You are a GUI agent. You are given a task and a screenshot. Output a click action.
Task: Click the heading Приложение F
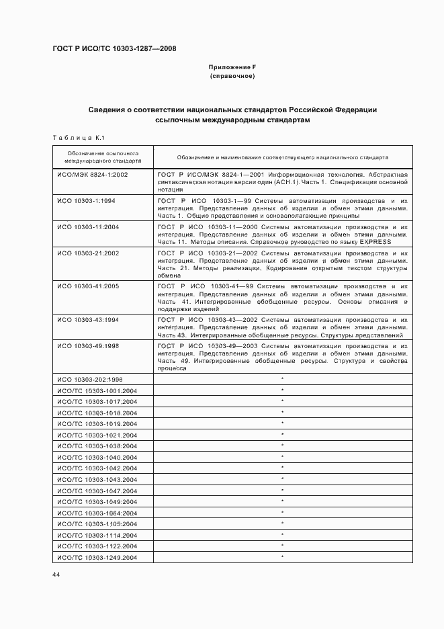pyautogui.click(x=232, y=68)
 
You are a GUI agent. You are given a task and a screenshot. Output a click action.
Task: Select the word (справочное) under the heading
pyautogui.click(x=232, y=77)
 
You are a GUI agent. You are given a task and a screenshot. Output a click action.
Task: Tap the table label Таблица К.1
pyautogui.click(x=77, y=138)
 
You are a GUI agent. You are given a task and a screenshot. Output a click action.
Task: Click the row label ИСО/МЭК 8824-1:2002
pyautogui.click(x=93, y=174)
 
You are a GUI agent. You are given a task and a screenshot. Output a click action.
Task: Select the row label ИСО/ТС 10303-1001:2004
pyautogui.click(x=97, y=390)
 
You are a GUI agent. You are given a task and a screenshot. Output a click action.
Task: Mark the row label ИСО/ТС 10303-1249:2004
pyautogui.click(x=97, y=558)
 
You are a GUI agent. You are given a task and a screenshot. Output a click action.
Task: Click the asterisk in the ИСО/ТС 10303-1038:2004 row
pyautogui.click(x=282, y=446)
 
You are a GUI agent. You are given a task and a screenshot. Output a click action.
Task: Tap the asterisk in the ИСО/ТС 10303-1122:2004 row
pyautogui.click(x=282, y=546)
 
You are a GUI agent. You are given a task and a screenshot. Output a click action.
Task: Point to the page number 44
pyautogui.click(x=56, y=575)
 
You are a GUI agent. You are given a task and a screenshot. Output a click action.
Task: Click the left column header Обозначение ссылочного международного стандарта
pyautogui.click(x=103, y=157)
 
